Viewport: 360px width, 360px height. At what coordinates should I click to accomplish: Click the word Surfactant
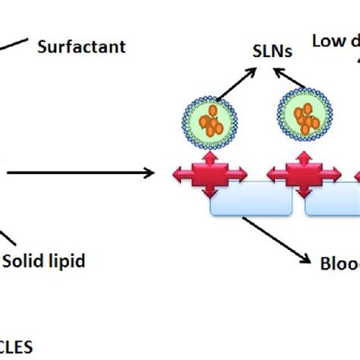click(x=81, y=47)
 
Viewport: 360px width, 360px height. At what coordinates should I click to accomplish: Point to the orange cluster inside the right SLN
click(x=306, y=118)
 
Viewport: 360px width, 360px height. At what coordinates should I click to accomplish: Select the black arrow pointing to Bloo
click(x=277, y=241)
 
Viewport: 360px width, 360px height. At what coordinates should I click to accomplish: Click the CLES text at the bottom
click(x=17, y=347)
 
